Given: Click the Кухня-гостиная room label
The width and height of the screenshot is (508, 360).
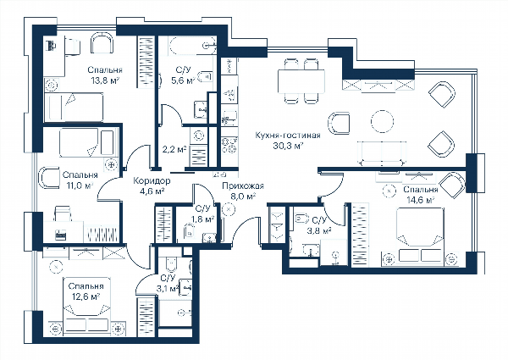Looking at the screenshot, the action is point(288,136).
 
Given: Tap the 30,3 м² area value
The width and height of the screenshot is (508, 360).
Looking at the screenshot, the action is point(288,147).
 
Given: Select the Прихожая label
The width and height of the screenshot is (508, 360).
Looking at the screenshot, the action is point(243,186).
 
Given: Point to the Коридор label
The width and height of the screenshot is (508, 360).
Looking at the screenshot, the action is point(152,180).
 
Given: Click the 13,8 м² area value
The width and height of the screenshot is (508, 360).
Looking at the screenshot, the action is point(105,80).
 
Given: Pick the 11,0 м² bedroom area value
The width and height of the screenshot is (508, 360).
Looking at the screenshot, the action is point(80,186).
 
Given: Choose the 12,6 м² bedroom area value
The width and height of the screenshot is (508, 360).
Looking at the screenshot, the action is point(86,296).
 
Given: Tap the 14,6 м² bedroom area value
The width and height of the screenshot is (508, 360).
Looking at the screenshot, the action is point(421,201).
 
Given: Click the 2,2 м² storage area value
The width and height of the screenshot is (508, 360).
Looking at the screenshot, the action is point(174,150).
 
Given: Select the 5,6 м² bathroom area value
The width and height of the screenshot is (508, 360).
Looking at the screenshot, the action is point(183,80).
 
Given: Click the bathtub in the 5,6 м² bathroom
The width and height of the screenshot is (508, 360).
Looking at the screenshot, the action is point(192,46).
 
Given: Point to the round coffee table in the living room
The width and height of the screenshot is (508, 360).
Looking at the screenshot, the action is point(383,121).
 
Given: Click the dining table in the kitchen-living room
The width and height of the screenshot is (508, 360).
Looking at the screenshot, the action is point(301,81).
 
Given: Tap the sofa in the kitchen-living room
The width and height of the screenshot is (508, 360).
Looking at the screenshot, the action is point(382,153).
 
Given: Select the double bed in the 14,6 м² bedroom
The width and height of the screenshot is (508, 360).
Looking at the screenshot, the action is point(420,232).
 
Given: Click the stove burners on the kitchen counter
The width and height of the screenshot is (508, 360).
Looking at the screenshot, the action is point(229,145).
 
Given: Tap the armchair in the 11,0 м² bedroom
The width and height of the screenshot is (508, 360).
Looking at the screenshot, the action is point(49,178).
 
